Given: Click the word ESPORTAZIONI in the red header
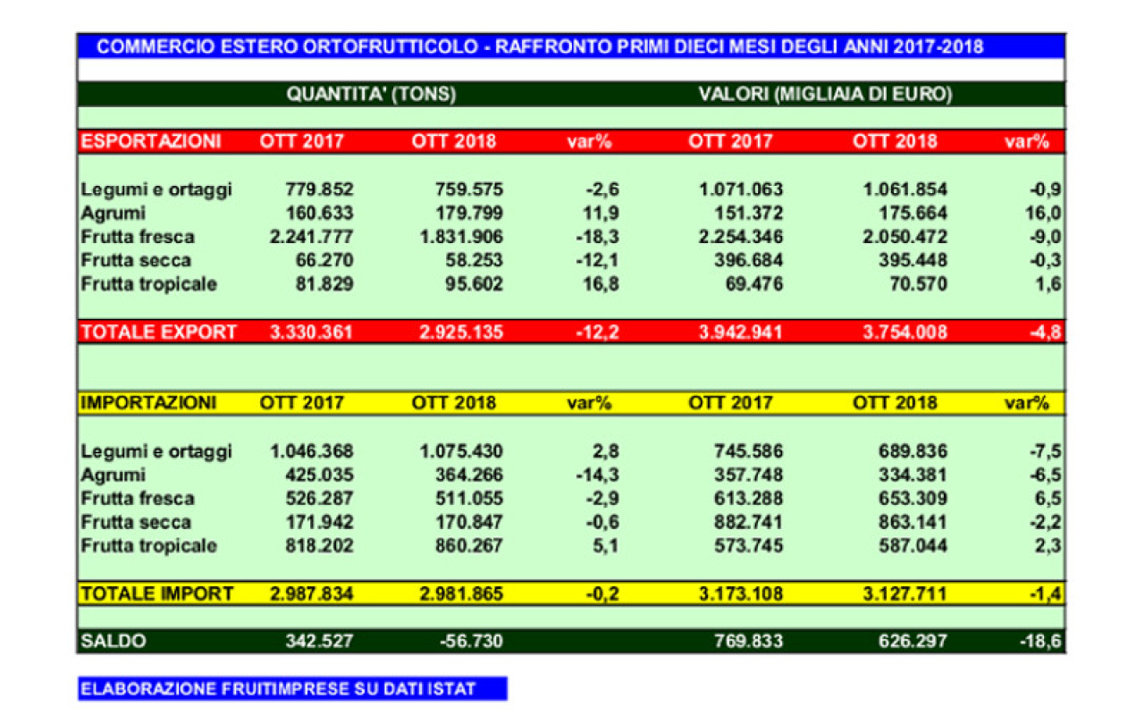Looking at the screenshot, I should (150, 141).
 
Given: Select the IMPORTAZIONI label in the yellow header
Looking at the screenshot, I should (148, 403).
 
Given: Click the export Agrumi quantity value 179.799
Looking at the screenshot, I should (463, 214).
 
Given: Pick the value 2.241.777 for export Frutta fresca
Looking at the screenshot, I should (307, 237).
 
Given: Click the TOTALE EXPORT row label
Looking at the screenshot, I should (158, 332).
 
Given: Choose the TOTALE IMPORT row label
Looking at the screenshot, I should (157, 593).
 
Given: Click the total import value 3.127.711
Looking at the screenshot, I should (896, 593).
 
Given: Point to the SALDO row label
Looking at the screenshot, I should (113, 641).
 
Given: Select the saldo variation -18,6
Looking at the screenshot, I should (1041, 641).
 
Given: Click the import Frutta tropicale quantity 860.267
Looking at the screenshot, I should (463, 546).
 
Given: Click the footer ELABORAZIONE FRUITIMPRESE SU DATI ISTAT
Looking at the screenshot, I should (278, 689).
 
